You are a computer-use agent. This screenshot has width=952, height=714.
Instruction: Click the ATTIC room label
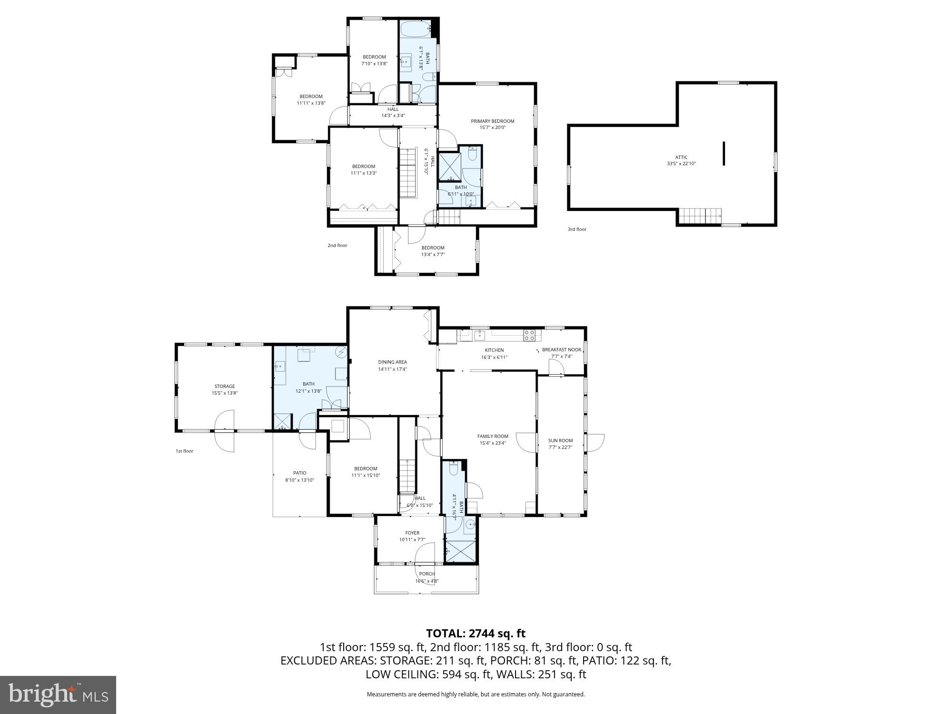[x=681, y=158]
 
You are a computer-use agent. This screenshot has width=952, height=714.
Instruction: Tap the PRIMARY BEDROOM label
[x=492, y=121]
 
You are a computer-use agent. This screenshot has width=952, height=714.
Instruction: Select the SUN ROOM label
[x=560, y=441]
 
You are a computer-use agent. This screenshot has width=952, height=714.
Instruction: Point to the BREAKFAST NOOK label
[x=562, y=350]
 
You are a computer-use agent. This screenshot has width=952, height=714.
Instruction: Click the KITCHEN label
[x=495, y=350]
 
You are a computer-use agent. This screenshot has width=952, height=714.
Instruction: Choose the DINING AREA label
[x=392, y=362]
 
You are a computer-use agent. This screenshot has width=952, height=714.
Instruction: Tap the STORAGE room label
[x=224, y=387]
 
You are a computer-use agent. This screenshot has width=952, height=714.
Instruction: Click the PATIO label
[x=299, y=473]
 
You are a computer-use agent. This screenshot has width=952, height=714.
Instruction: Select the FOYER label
[x=412, y=533]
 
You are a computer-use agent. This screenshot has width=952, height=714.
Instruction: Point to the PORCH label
[x=426, y=574]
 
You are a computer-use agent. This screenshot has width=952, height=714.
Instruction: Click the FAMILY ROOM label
[x=493, y=436]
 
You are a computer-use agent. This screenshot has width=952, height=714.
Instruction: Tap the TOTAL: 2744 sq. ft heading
[x=476, y=634]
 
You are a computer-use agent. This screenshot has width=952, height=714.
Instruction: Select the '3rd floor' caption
[x=577, y=229]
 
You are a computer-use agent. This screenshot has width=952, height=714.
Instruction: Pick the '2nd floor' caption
[x=337, y=246]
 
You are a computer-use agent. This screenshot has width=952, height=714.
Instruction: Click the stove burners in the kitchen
[x=529, y=335]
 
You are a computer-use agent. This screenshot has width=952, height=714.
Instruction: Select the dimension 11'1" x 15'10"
[x=366, y=476]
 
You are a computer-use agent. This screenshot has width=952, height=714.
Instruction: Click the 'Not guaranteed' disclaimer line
[x=476, y=694]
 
